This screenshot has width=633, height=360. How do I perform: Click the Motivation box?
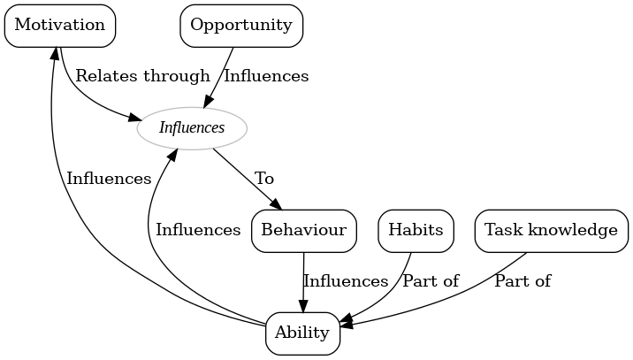[x=60, y=25]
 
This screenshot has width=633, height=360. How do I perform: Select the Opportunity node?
[x=241, y=25]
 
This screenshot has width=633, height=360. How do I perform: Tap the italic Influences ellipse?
[x=192, y=128]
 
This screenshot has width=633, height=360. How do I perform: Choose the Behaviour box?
[x=304, y=231]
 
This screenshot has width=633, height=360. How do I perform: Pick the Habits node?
[x=416, y=231]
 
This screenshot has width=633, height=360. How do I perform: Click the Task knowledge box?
[x=546, y=231]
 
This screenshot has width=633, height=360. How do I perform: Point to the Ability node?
[x=302, y=333]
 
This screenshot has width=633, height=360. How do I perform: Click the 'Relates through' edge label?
[x=142, y=76]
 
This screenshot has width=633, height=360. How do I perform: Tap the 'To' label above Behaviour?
[x=264, y=179]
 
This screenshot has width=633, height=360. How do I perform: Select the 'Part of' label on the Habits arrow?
[x=431, y=281]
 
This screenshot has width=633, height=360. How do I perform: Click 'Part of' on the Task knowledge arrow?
[x=522, y=281]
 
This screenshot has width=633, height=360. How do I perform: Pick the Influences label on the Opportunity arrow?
[x=266, y=76]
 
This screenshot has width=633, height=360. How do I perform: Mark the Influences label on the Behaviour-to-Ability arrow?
[x=346, y=281]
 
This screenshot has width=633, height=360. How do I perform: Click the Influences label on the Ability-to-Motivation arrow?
[x=109, y=179]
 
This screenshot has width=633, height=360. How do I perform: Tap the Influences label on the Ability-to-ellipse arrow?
[x=198, y=230]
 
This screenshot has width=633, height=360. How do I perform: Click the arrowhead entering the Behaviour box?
[x=276, y=205]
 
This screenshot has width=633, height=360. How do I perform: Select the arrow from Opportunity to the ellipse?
[x=221, y=77]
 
